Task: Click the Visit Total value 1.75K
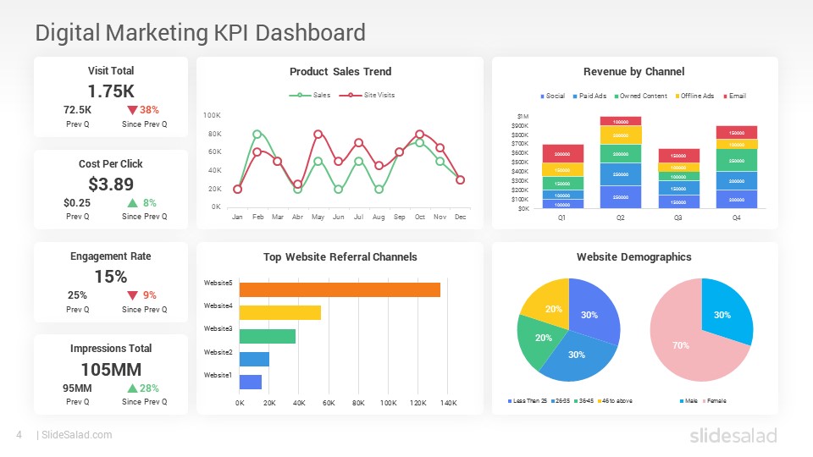[x=111, y=91]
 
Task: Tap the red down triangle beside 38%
[x=132, y=110]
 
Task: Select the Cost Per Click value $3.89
[x=111, y=184]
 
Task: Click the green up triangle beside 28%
[x=132, y=388]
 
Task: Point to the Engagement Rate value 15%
[x=111, y=276]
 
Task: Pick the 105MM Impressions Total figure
[x=111, y=369]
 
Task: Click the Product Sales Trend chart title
[x=340, y=72]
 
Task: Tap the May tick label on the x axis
[x=318, y=217]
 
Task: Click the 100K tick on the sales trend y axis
[x=213, y=115]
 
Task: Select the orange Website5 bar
[x=340, y=289]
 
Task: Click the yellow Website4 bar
[x=280, y=312]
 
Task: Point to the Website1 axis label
[x=218, y=374]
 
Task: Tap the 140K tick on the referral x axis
[x=449, y=403]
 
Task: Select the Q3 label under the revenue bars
[x=678, y=217]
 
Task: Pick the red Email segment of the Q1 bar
[x=563, y=154]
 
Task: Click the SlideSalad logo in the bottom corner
[x=733, y=435]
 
